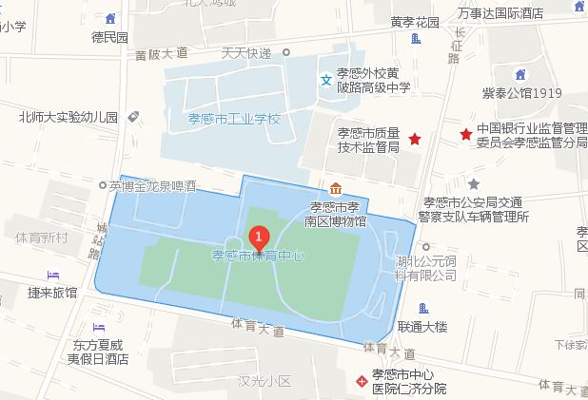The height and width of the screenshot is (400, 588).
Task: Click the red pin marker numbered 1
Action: (258, 238)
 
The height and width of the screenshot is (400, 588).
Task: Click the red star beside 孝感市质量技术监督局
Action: (415, 140)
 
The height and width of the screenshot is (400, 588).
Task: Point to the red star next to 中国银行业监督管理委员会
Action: (465, 135)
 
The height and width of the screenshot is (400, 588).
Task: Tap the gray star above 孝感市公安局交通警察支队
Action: (474, 183)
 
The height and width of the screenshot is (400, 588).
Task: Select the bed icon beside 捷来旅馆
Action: (53, 275)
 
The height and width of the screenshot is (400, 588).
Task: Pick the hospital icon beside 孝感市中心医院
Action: (361, 382)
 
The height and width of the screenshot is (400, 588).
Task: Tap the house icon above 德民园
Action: (112, 19)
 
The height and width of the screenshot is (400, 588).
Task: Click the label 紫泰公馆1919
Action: (520, 93)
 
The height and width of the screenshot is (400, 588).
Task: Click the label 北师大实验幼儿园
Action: (68, 118)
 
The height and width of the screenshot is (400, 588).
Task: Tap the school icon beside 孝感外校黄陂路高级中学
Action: (326, 80)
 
